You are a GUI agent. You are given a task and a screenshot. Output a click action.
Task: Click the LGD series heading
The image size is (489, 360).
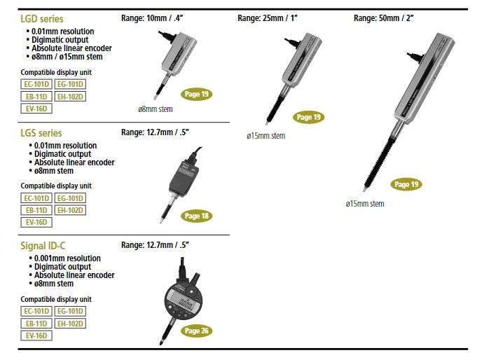(41, 19)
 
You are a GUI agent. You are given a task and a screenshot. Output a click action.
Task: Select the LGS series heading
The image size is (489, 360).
(41, 132)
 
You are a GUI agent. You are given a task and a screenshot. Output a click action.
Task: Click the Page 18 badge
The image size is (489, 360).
(197, 216)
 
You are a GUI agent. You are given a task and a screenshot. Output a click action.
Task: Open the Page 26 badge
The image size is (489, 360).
(197, 331)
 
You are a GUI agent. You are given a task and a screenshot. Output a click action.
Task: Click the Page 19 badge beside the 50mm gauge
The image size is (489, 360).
(406, 184)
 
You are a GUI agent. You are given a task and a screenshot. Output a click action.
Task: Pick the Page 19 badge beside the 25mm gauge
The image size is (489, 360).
(309, 117)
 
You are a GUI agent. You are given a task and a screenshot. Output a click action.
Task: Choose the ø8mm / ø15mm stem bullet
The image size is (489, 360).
(68, 57)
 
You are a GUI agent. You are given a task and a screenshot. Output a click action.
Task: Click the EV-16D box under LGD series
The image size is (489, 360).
(36, 109)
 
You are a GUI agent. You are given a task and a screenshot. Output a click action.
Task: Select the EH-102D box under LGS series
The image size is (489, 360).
(70, 210)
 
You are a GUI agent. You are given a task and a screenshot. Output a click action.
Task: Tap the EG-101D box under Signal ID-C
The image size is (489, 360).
(70, 311)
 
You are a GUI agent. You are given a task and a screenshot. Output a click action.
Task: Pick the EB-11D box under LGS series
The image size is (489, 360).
(36, 210)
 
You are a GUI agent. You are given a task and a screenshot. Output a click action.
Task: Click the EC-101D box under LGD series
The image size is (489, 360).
(36, 84)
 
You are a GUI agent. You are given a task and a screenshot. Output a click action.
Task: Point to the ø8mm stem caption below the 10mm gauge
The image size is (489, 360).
(155, 109)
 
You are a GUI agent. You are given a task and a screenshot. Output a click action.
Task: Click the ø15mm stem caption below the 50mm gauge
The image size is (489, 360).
(364, 204)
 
